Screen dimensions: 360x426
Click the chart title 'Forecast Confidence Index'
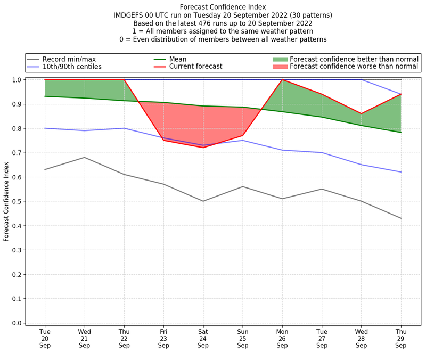click(223, 7)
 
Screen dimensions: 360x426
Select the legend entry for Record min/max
click(69, 59)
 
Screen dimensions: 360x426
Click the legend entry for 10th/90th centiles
click(72, 67)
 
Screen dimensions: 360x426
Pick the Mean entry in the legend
click(178, 59)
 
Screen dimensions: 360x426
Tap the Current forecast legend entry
click(195, 67)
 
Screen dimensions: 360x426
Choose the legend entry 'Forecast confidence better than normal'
click(354, 59)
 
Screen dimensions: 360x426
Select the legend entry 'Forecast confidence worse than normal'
click(354, 67)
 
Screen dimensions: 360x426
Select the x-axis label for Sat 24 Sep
click(203, 338)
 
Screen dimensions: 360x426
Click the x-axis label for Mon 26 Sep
click(282, 338)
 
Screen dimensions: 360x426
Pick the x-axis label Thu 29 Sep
click(401, 338)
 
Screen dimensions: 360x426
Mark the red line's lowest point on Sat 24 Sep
click(203, 148)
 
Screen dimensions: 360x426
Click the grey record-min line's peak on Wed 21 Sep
click(84, 157)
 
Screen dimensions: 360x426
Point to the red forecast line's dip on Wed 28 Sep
click(362, 114)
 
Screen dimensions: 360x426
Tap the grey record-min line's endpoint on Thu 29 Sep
click(401, 218)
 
